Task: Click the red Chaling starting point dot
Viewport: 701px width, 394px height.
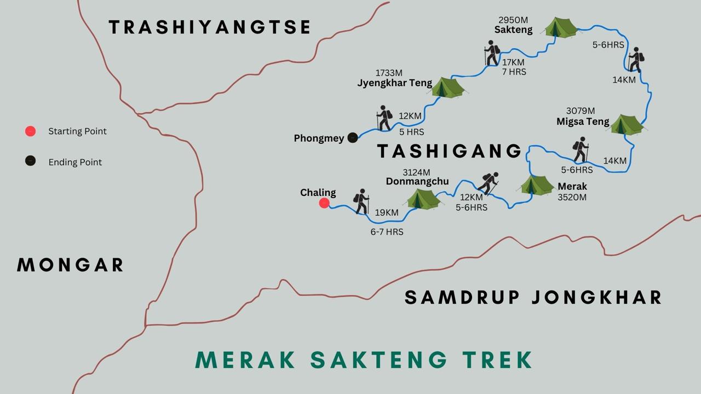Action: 324,204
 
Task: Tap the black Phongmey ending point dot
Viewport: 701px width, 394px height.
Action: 353,138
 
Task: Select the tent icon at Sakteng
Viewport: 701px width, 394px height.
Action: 560,27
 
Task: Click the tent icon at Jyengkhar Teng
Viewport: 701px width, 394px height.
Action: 448,87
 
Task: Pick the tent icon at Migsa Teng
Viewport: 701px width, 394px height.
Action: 627,125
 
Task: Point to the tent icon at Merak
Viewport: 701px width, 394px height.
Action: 537,185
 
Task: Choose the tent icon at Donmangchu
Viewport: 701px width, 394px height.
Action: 422,199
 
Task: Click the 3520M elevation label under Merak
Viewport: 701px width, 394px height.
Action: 572,198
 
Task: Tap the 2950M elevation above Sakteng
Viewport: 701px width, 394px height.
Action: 513,20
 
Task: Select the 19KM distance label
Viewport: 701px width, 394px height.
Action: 387,212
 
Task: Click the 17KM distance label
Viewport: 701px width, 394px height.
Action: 514,62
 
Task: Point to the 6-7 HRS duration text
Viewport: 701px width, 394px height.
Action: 387,232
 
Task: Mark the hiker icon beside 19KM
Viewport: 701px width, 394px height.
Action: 361,201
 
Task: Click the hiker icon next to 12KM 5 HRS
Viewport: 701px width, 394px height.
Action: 384,118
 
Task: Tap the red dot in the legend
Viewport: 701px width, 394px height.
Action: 31,131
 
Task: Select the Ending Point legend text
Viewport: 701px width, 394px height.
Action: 75,163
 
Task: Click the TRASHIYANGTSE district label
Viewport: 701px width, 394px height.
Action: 210,27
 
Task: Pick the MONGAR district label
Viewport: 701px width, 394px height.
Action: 71,265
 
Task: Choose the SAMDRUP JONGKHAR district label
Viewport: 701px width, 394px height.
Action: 533,297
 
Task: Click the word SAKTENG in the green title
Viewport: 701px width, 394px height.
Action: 379,360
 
